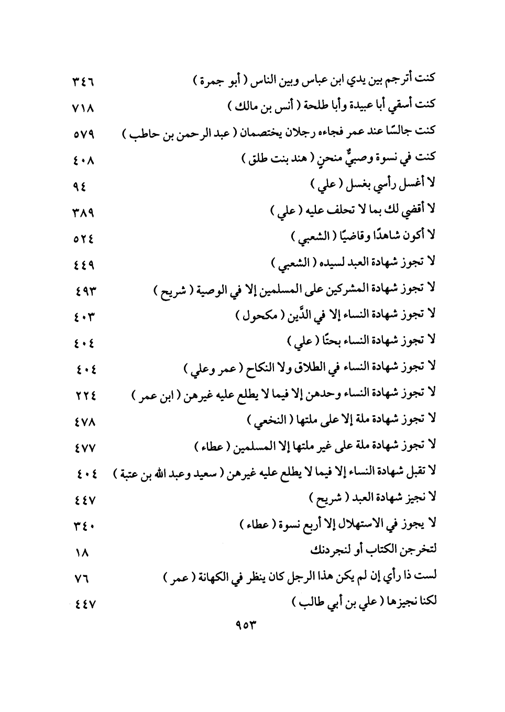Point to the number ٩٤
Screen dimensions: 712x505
[80, 187]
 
